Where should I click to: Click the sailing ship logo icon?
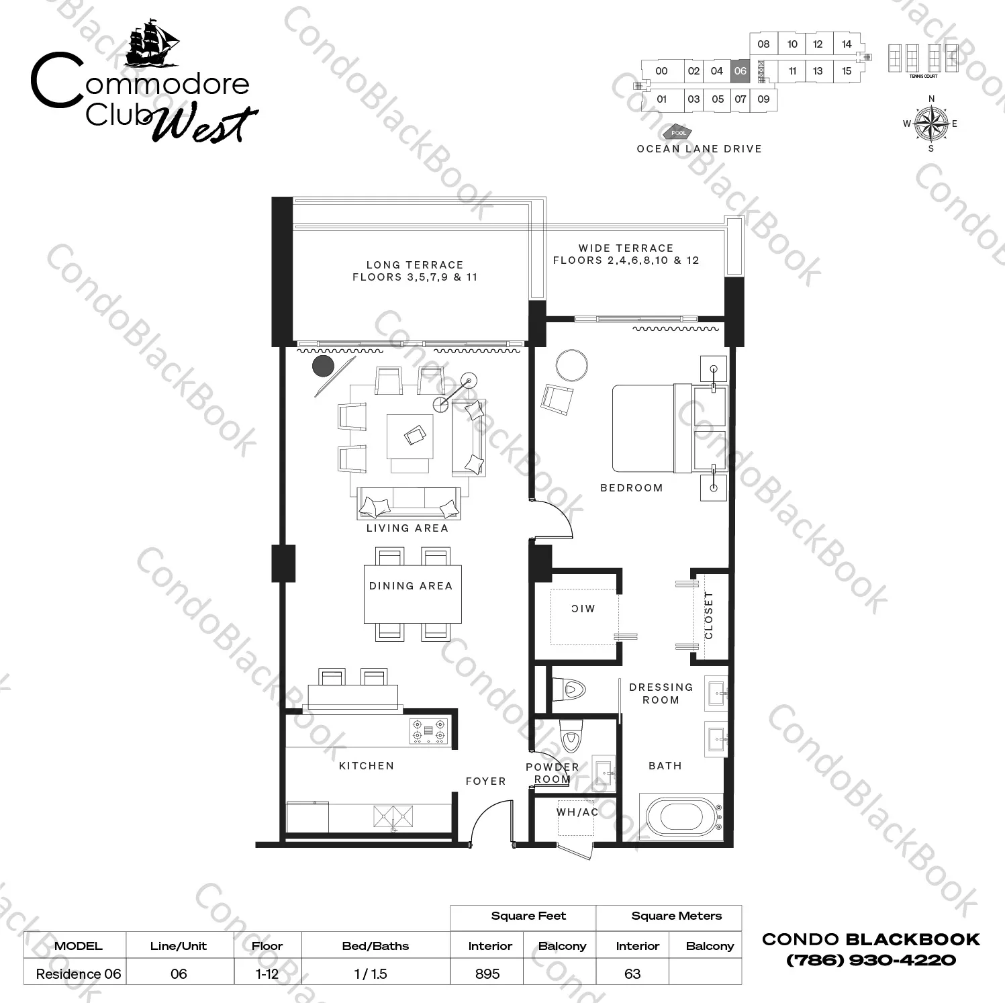[153, 44]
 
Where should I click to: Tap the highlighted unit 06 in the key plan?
[740, 70]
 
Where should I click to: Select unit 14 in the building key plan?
[846, 44]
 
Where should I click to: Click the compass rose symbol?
[930, 124]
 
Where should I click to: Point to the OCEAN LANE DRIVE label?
[699, 149]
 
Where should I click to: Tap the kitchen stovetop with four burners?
[428, 731]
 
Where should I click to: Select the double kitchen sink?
[394, 817]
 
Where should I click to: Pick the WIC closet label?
[583, 609]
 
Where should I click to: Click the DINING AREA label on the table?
[411, 586]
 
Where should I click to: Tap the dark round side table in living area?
[323, 366]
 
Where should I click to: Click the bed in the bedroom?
[652, 428]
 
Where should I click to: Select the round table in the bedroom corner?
[572, 366]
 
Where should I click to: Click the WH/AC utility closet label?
[577, 812]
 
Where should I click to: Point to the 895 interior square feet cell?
[487, 973]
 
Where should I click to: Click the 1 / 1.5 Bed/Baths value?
[371, 973]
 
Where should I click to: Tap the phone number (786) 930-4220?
[871, 960]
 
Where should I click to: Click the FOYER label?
[486, 781]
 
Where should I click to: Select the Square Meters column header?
[676, 916]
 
